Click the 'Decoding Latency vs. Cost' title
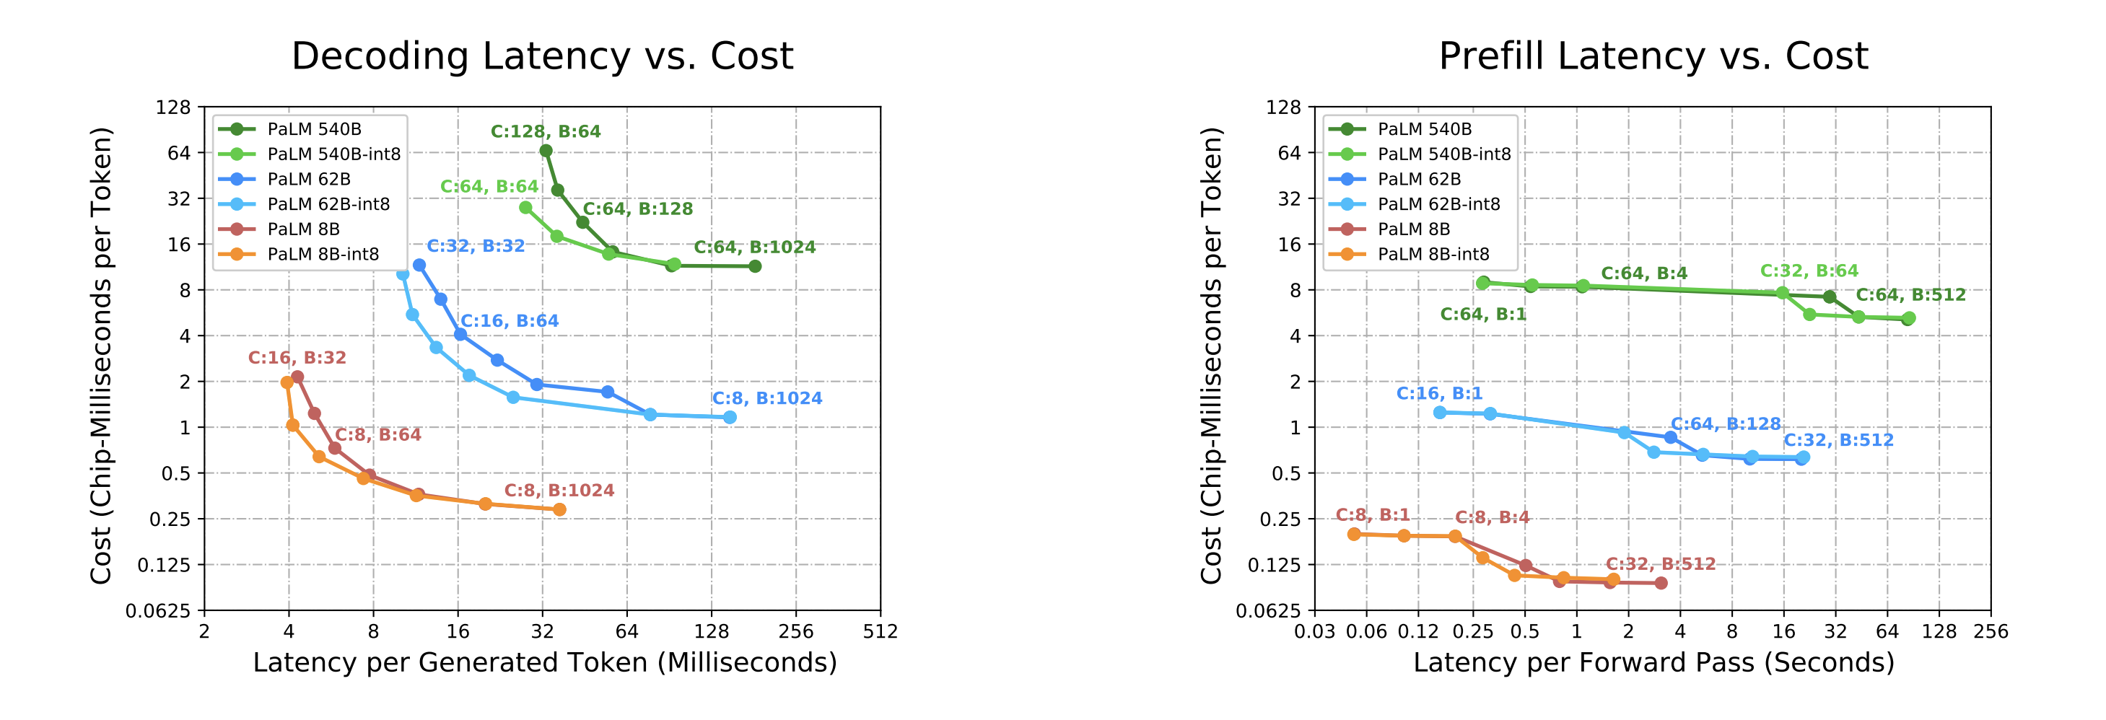(x=542, y=56)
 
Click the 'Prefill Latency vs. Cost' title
(x=1653, y=56)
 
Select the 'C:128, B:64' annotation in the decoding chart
(x=546, y=131)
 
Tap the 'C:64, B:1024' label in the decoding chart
(x=755, y=247)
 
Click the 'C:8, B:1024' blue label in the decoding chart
(x=767, y=399)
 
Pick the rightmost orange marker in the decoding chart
(x=559, y=510)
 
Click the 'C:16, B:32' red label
(x=297, y=358)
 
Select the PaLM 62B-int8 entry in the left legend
(x=328, y=204)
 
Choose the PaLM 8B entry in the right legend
(x=1414, y=229)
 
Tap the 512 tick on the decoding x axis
(x=881, y=632)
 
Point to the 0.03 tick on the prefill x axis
(x=1314, y=632)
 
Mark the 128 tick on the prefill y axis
(x=1283, y=107)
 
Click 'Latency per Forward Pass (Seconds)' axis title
(x=1653, y=663)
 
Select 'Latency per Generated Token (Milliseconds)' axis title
(x=544, y=663)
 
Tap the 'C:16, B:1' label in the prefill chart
(x=1439, y=394)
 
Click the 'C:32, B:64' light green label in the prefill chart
(x=1809, y=271)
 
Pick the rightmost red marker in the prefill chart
(x=1661, y=584)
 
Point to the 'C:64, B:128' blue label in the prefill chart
(x=1725, y=424)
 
